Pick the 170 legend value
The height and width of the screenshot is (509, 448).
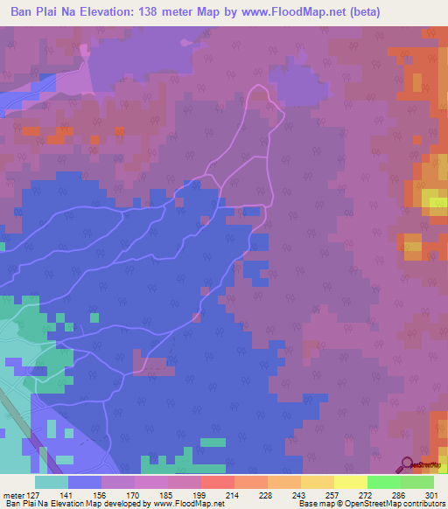pyautogui.click(x=133, y=495)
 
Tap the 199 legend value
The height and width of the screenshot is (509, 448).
pyautogui.click(x=199, y=495)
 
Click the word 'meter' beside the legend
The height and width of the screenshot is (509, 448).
pyautogui.click(x=13, y=495)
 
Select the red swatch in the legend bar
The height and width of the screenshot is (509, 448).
pyautogui.click(x=217, y=482)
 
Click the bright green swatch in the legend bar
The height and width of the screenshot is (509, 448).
pyautogui.click(x=383, y=482)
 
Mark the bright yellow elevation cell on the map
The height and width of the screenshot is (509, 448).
pyautogui.click(x=434, y=202)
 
